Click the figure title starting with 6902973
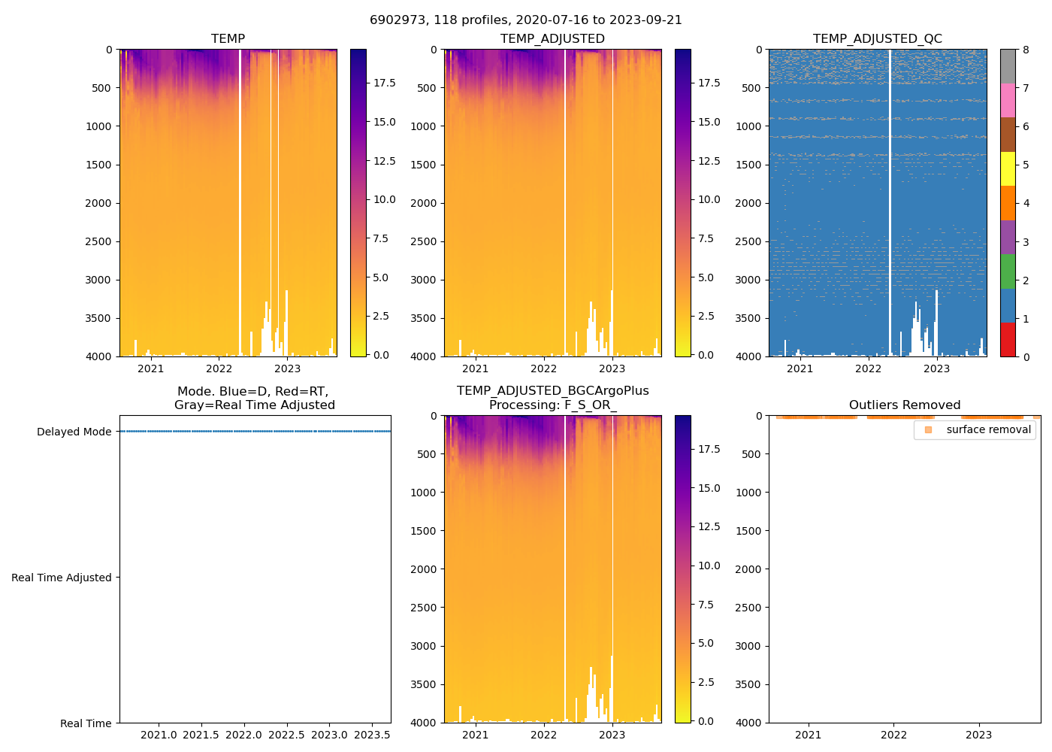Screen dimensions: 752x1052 (526, 20)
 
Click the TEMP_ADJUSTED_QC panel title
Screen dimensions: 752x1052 (877, 39)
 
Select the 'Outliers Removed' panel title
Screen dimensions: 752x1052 (904, 405)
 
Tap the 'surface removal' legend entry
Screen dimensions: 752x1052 (988, 429)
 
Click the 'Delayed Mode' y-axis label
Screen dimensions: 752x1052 (74, 432)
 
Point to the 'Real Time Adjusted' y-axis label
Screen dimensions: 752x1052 (62, 578)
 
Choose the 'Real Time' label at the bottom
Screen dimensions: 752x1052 (86, 723)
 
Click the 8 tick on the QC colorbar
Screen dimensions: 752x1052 (1026, 50)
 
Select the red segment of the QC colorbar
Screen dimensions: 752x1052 (1008, 340)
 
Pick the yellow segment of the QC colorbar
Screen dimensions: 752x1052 (1008, 169)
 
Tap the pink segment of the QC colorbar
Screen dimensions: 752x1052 (1008, 101)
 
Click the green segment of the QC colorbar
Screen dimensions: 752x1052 (1008, 271)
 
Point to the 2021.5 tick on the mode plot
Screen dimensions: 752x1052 (201, 735)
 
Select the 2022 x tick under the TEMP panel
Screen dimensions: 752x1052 (219, 368)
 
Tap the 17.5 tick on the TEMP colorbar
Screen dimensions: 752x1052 (385, 83)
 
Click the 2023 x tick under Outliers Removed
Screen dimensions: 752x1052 (978, 735)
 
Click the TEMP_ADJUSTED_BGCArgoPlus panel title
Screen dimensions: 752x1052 (552, 398)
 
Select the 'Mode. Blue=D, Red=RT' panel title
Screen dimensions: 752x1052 (254, 398)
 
